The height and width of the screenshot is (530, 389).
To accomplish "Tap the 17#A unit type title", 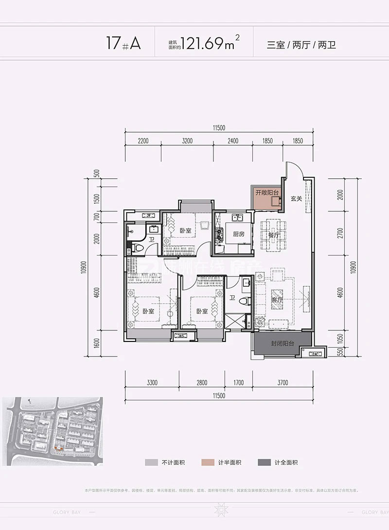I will (124, 44).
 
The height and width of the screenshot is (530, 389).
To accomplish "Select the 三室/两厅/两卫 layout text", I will (301, 45).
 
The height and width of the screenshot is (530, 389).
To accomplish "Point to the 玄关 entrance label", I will (297, 198).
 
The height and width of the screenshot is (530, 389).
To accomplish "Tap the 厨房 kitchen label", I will (238, 234).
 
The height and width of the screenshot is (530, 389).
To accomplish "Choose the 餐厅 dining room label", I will (274, 235).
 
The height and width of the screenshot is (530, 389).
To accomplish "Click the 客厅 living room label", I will (277, 300).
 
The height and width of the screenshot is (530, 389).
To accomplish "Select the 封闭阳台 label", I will (283, 343).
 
